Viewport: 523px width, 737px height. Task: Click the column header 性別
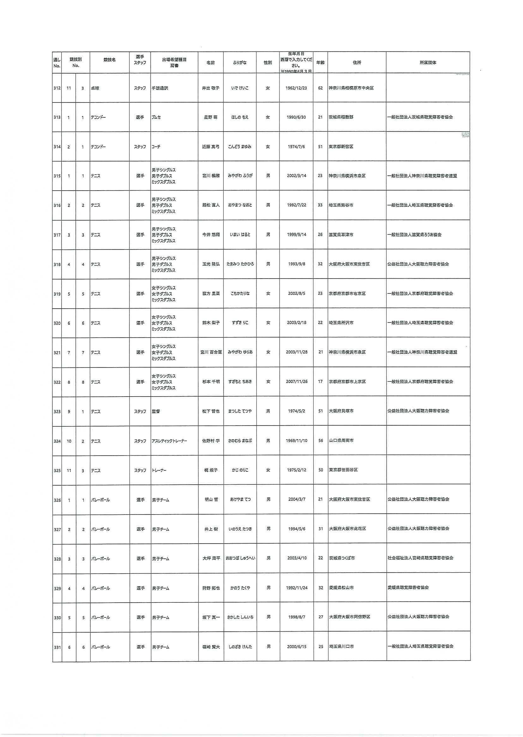268,63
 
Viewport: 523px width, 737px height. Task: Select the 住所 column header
357,63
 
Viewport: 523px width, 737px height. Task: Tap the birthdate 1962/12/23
296,88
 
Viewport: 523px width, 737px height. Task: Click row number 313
57,117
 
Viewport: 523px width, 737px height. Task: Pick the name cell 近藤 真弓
211,147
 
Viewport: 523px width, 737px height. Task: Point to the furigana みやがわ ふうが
240,176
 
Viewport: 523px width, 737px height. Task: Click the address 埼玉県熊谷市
341,205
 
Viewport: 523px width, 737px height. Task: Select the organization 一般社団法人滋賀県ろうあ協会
414,235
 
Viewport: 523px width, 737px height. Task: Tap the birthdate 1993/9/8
297,264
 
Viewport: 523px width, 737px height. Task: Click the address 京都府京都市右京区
347,294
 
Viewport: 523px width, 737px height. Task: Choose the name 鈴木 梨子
211,323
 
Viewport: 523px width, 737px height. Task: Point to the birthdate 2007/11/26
297,381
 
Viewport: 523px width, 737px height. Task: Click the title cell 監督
156,411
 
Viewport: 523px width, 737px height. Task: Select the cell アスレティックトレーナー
169,441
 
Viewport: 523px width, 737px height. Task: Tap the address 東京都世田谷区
343,470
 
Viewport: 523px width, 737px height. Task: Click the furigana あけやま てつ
240,500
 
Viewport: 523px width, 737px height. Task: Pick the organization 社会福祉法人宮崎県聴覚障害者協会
420,558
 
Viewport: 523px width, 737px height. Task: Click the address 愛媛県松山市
341,588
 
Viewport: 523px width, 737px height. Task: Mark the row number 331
57,647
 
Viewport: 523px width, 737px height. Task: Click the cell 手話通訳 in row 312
160,88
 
